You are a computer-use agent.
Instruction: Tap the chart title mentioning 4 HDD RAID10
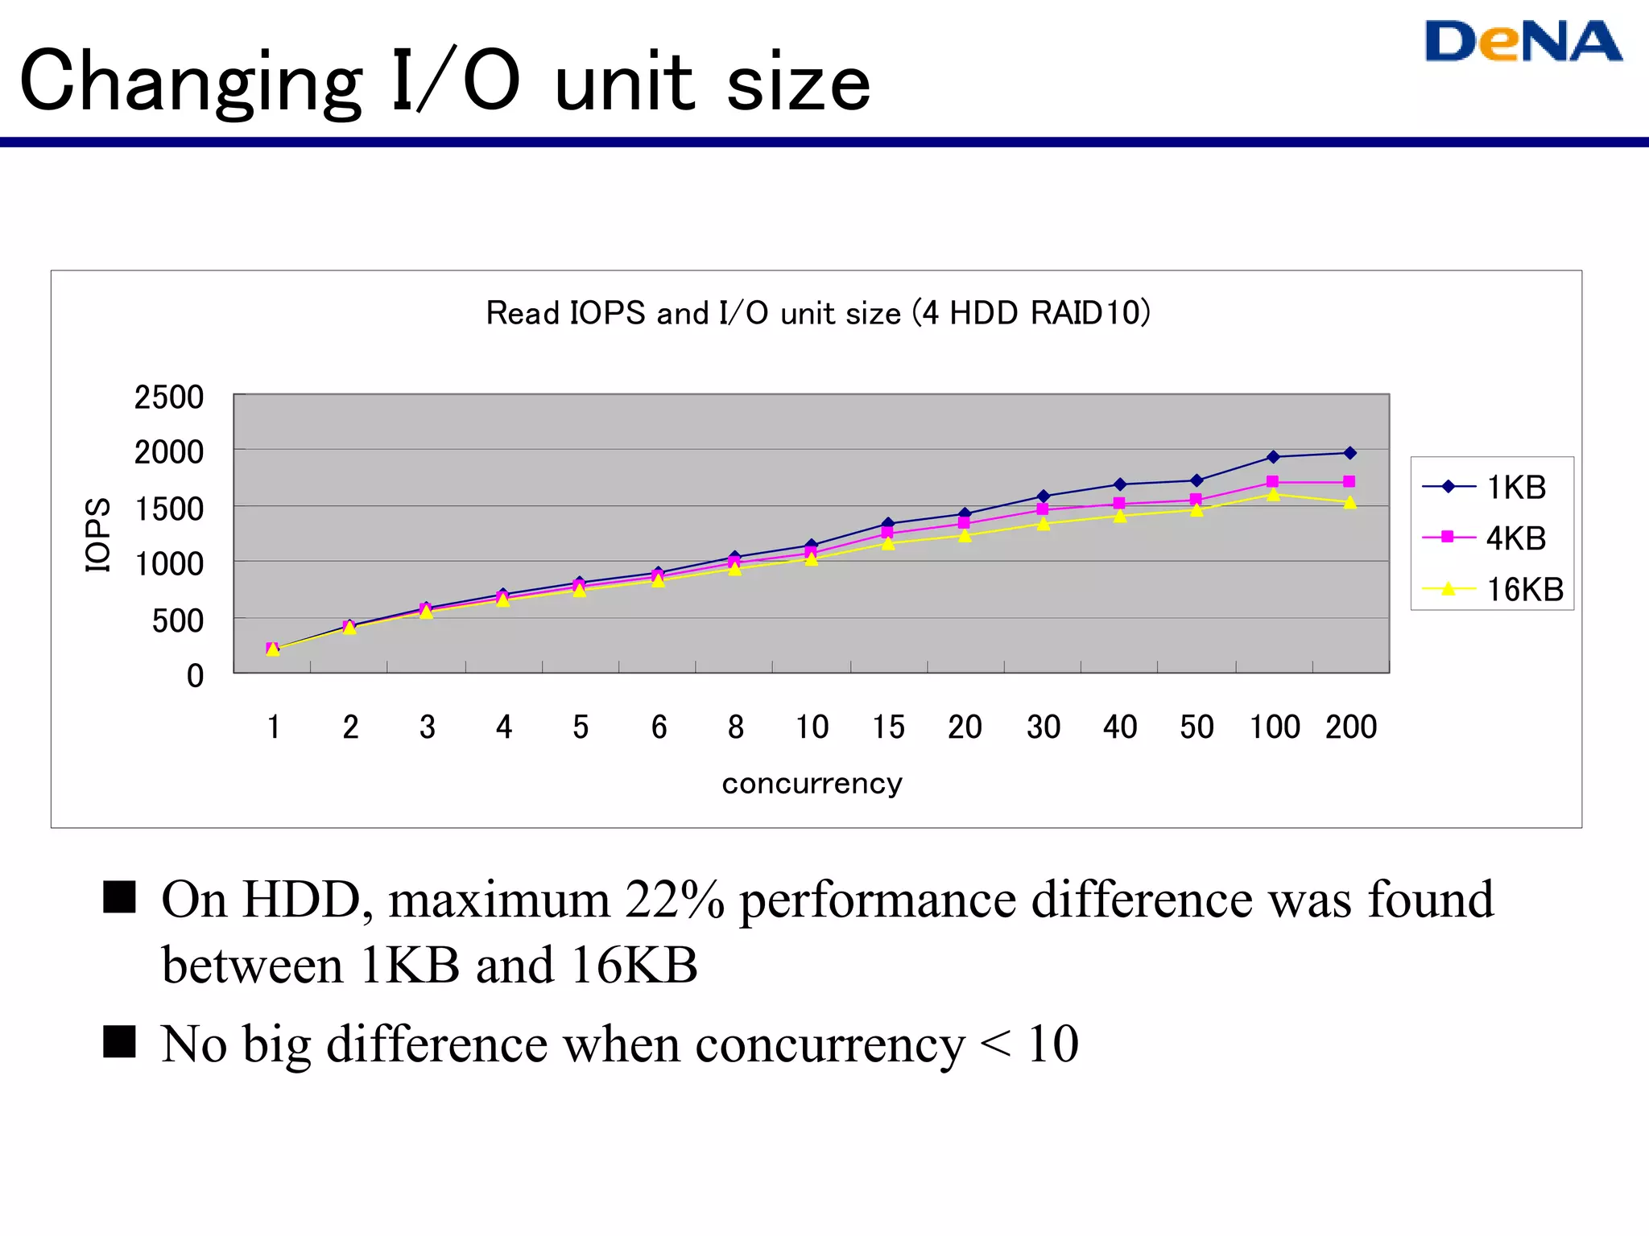pos(818,312)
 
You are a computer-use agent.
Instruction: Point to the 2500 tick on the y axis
pos(168,397)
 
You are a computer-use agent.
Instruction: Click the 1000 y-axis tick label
pos(168,564)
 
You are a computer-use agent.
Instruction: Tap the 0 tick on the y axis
pos(195,675)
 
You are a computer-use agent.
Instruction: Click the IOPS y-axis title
pos(97,534)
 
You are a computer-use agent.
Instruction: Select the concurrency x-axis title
pos(812,783)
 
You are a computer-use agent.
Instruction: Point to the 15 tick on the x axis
pos(888,727)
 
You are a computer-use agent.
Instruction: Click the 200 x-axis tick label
pos(1350,727)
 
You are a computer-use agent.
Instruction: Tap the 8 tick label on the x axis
pos(735,727)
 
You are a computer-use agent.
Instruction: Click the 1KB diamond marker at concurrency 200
pos(1350,453)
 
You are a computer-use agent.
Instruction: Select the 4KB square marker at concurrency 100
pos(1272,482)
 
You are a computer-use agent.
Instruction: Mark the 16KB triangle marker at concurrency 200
pos(1350,503)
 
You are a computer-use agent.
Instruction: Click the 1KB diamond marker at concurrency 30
pos(1044,496)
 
